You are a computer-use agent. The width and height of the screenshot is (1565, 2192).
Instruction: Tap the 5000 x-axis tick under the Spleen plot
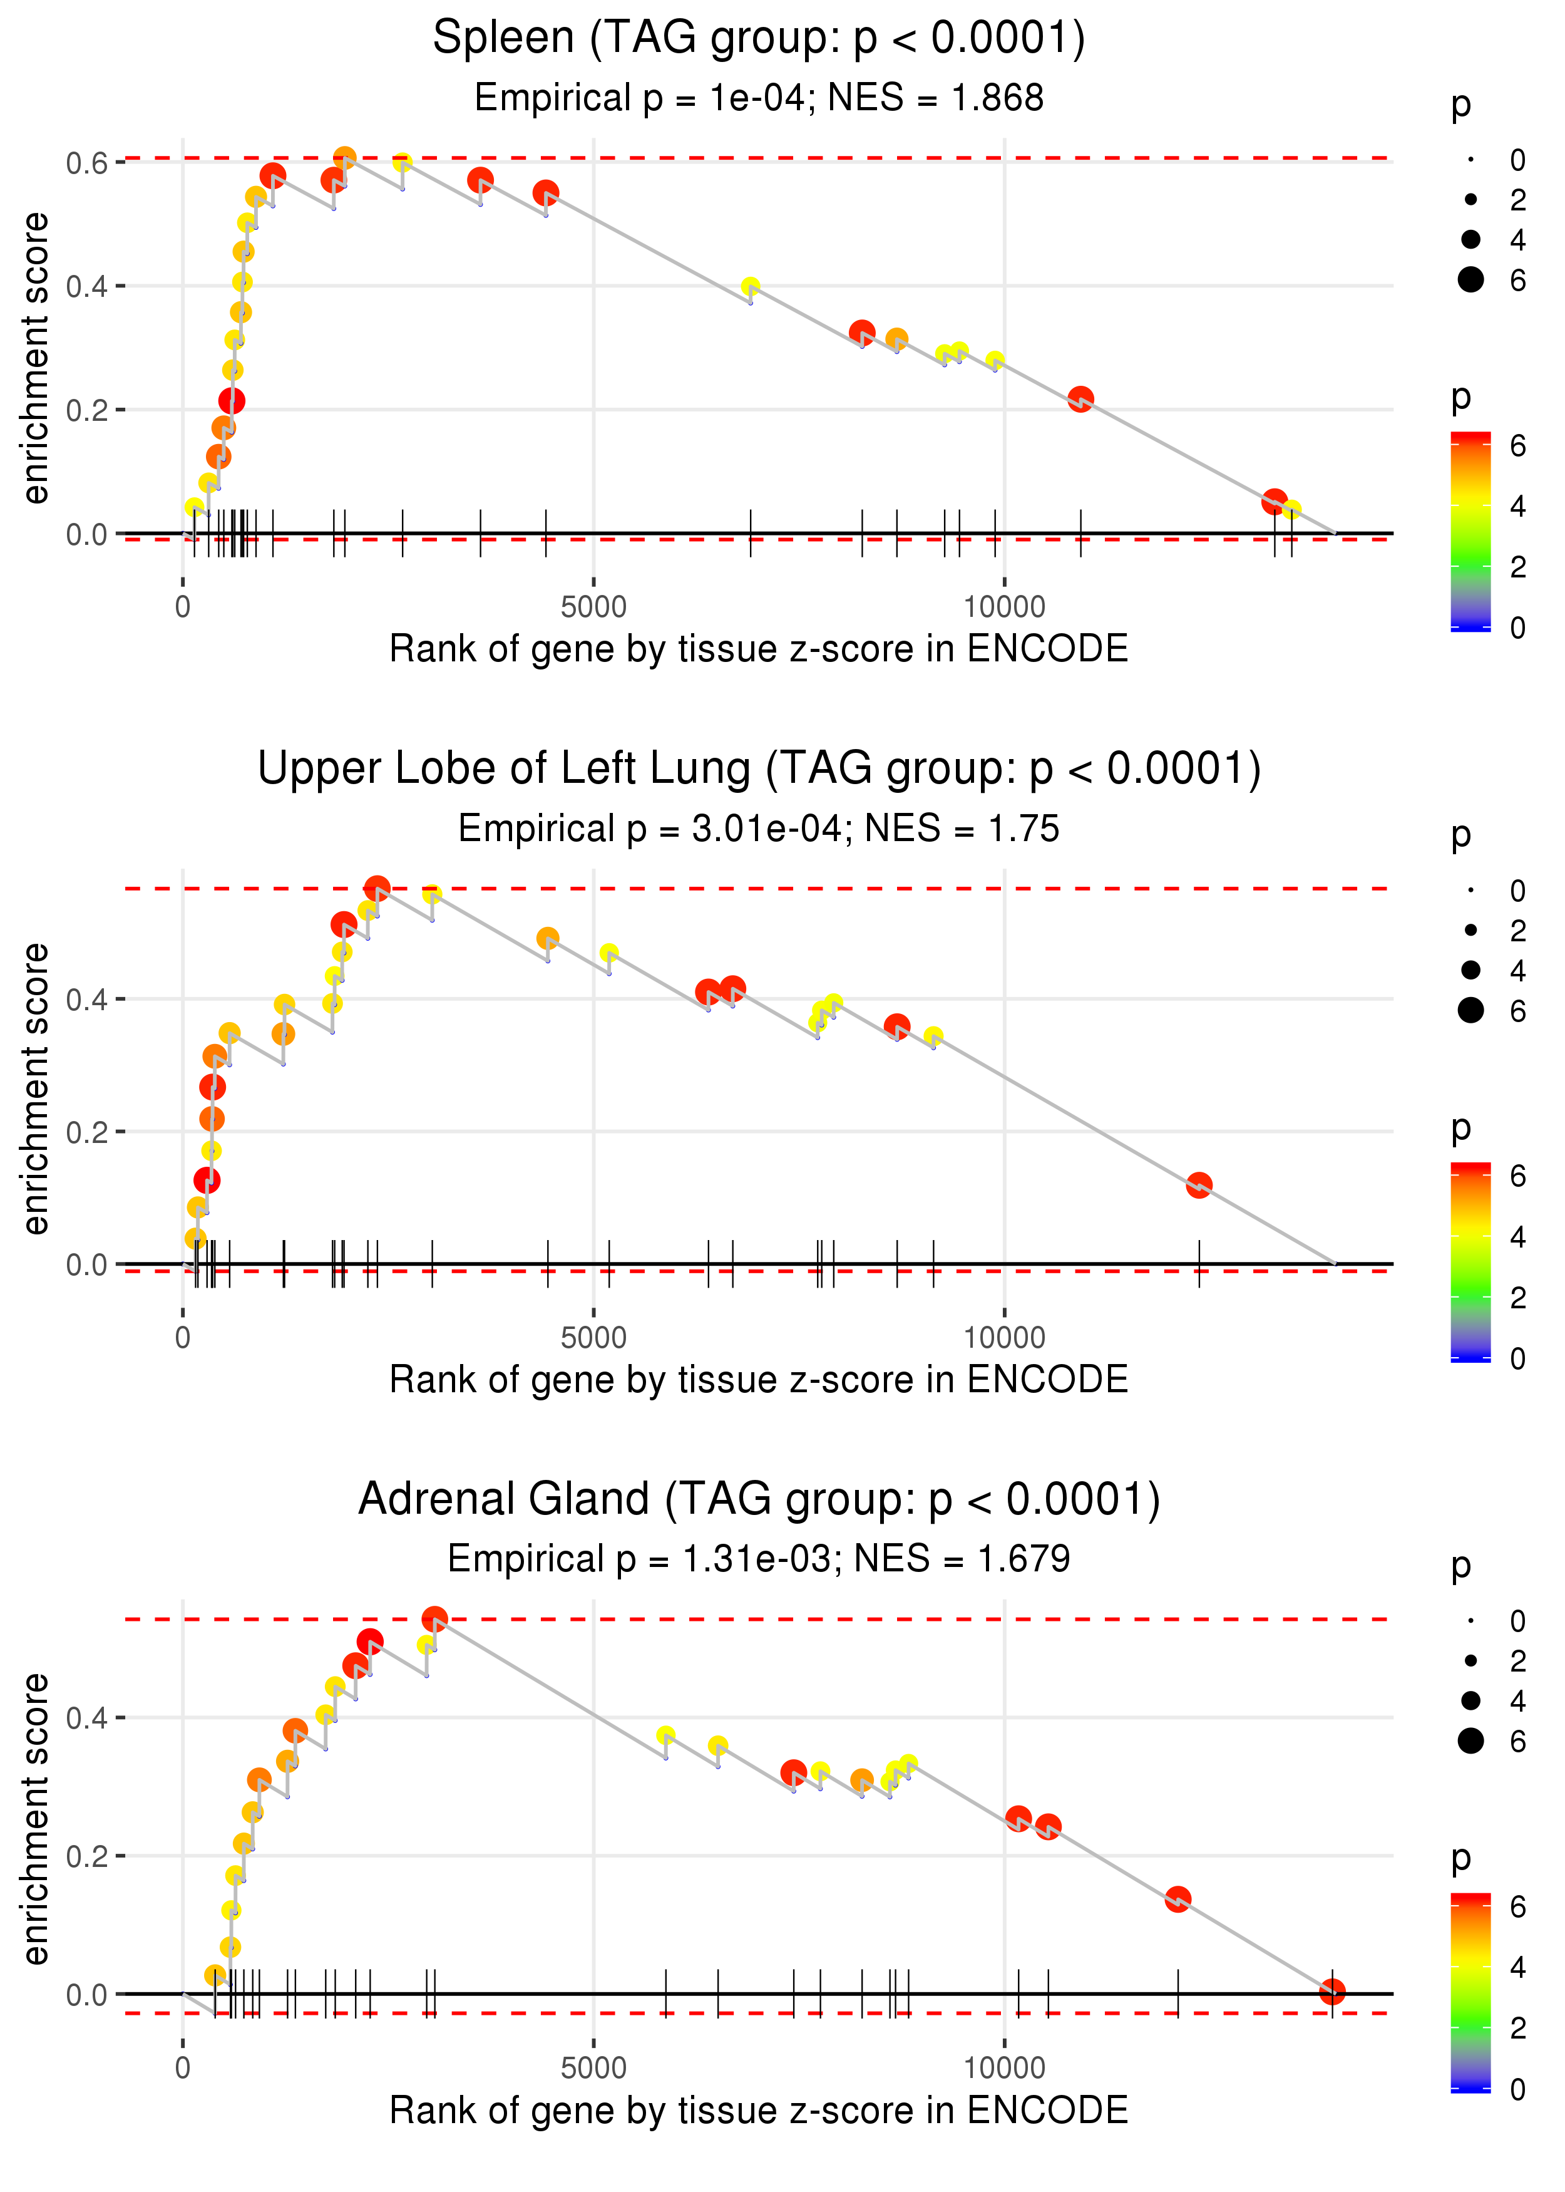click(x=593, y=607)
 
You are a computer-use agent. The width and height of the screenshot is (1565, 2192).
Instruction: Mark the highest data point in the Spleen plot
click(x=345, y=157)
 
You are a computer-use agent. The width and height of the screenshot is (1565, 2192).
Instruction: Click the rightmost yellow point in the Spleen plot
click(x=1291, y=509)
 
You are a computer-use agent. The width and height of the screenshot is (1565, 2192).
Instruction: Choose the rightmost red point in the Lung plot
click(x=1199, y=1185)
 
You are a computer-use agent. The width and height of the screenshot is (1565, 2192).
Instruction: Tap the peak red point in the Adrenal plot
click(x=434, y=1620)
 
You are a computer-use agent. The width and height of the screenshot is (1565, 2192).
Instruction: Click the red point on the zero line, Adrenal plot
click(x=1332, y=1992)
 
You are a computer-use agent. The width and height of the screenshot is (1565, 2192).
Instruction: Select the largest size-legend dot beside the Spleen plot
click(x=1470, y=279)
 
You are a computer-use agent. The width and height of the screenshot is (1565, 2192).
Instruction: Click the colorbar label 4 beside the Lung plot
click(x=1518, y=1237)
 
